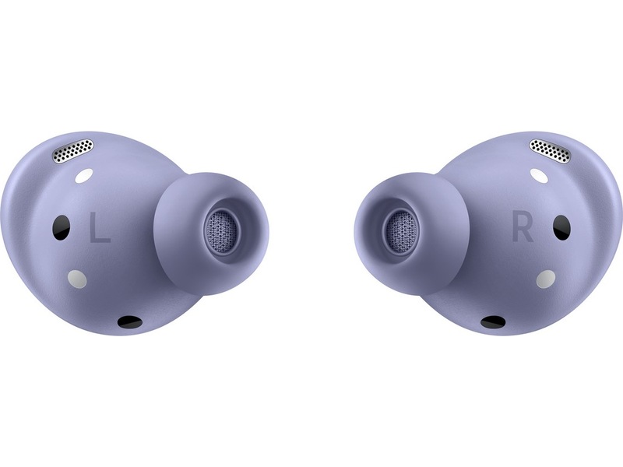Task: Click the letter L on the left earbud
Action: [99, 227]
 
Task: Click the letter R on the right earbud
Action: [523, 227]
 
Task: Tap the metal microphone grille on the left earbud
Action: [74, 150]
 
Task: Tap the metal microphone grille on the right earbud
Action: [550, 151]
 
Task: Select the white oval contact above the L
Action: [84, 176]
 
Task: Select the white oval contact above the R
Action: [539, 176]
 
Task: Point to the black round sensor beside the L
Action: [62, 227]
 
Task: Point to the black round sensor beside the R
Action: [561, 227]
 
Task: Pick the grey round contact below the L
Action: [77, 279]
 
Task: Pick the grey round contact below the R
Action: [546, 279]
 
